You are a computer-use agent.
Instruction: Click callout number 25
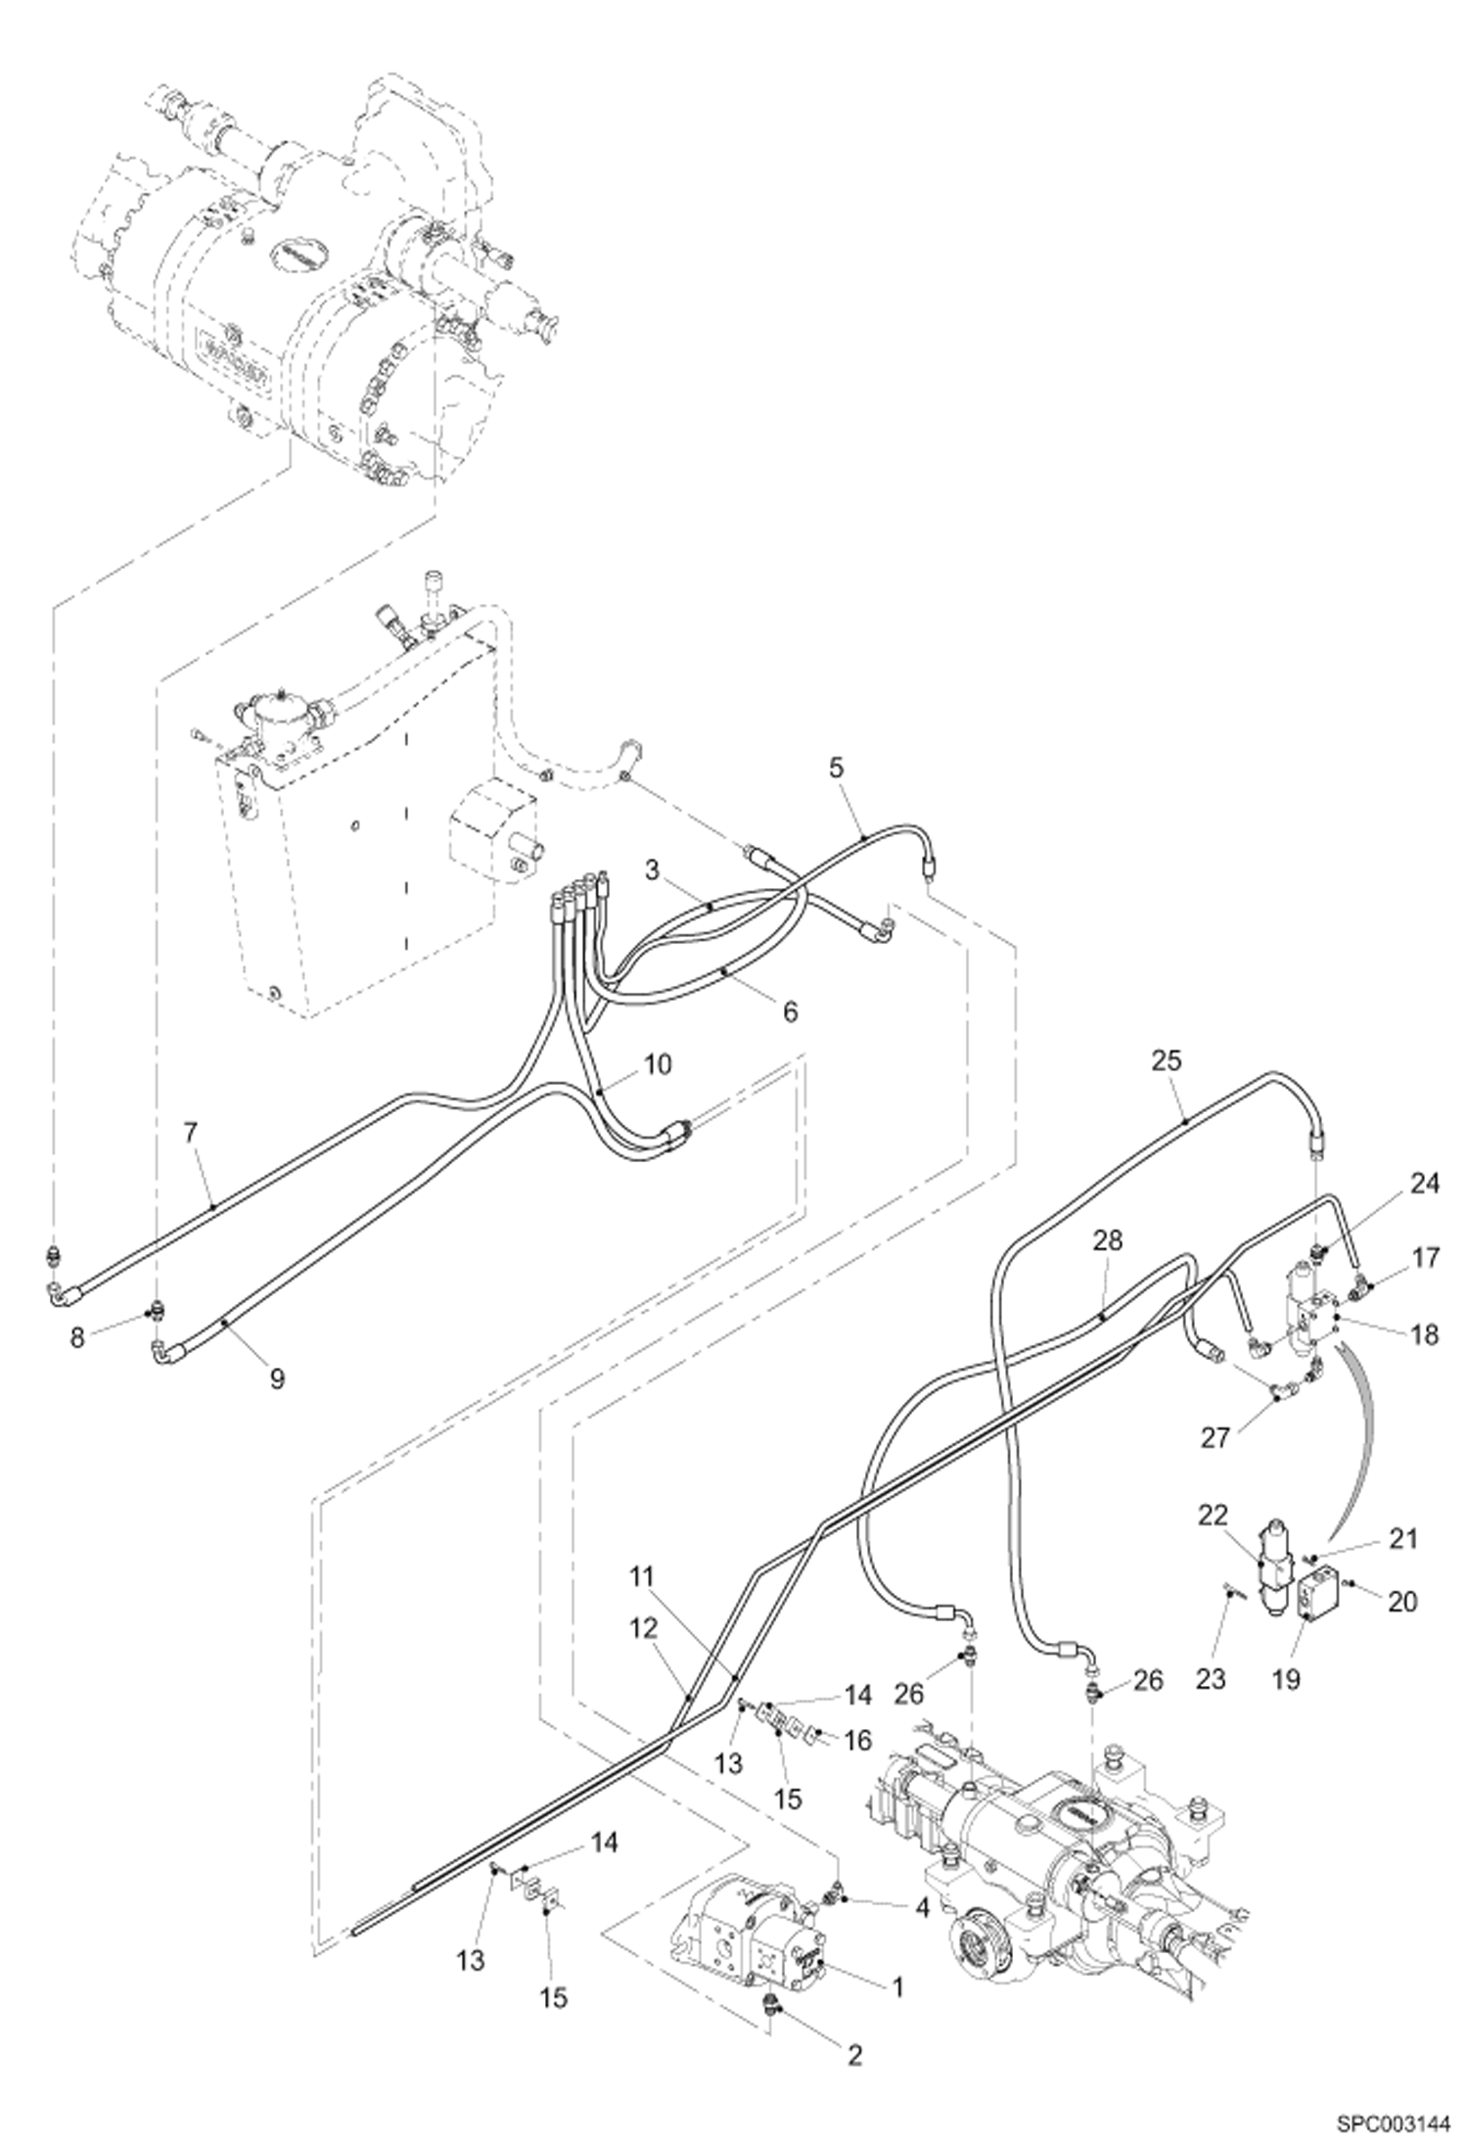click(1167, 1061)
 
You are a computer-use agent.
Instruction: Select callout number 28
click(1108, 1241)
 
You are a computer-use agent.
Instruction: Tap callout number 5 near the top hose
click(835, 768)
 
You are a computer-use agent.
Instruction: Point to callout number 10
click(658, 1064)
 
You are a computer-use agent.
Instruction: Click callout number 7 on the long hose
click(190, 1133)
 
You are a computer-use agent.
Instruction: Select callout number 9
click(277, 1378)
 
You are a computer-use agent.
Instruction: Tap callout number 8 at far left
click(78, 1338)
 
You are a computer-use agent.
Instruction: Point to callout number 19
click(1286, 1679)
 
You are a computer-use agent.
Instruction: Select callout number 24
click(1425, 1184)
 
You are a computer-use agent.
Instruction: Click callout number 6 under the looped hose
click(790, 1010)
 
